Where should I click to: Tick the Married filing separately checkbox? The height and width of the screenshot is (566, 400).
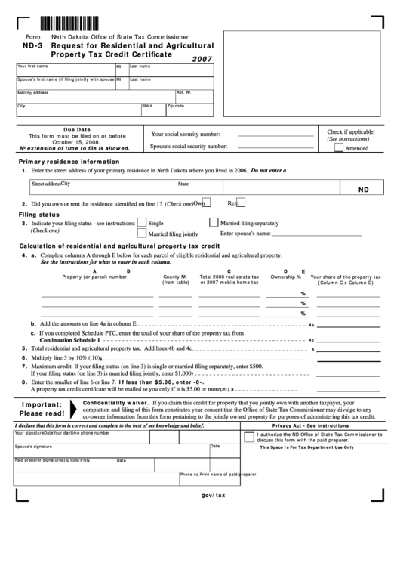[214, 223]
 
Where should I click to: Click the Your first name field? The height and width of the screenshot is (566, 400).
[65, 71]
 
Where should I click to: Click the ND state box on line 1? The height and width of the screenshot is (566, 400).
[363, 191]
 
